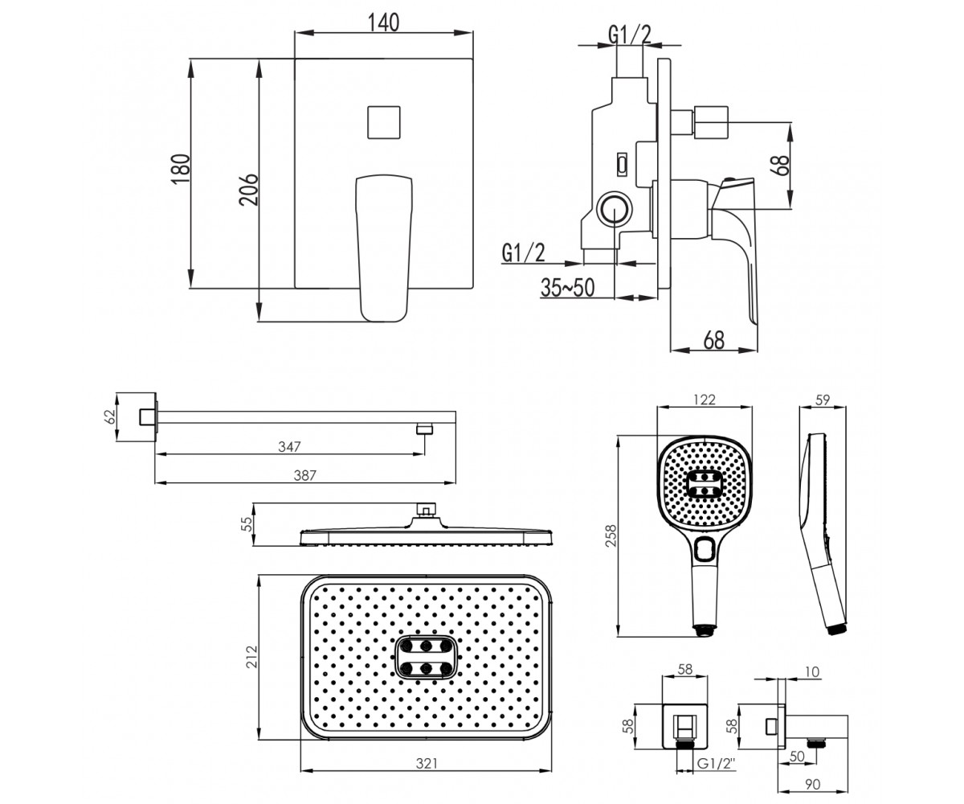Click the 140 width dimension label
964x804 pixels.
pyautogui.click(x=384, y=23)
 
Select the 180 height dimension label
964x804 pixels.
pyautogui.click(x=181, y=169)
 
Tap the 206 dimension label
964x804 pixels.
pyautogui.click(x=249, y=190)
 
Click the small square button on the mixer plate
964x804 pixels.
pyautogui.click(x=384, y=122)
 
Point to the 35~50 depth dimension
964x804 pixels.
pyautogui.click(x=567, y=287)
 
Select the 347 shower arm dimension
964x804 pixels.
pyautogui.click(x=289, y=447)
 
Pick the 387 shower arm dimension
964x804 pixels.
pyautogui.click(x=304, y=475)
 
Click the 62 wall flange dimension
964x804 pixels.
pyautogui.click(x=108, y=417)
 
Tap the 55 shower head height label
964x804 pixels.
pyautogui.click(x=248, y=524)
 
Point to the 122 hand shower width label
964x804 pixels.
pyautogui.click(x=704, y=400)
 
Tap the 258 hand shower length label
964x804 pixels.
pyautogui.click(x=611, y=536)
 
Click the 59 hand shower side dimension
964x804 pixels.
pyautogui.click(x=823, y=400)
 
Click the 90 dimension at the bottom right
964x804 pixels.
pyautogui.click(x=812, y=784)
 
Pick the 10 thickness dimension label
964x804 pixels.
pyautogui.click(x=812, y=671)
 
